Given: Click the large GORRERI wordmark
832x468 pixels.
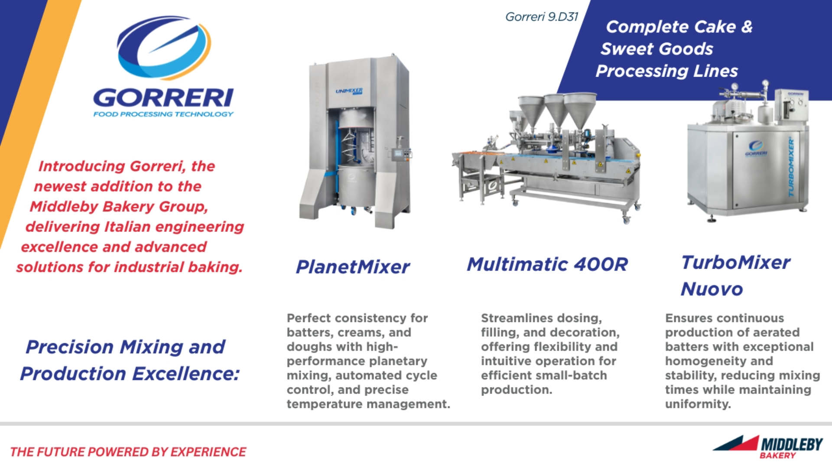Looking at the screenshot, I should click(163, 97).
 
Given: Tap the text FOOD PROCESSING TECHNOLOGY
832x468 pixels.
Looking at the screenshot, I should click(163, 114).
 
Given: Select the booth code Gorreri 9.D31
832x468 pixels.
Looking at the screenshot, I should click(542, 17).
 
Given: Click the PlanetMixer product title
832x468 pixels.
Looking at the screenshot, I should click(353, 267).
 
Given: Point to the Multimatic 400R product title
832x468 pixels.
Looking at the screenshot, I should click(547, 264).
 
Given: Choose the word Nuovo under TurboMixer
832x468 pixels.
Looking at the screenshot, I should click(712, 289).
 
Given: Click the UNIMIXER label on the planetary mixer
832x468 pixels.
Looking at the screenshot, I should click(349, 91).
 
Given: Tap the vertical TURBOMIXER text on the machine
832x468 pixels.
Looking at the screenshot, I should click(791, 167).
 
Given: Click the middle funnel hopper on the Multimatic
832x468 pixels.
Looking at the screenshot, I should click(557, 108).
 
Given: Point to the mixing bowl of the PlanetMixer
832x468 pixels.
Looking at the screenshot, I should click(356, 186).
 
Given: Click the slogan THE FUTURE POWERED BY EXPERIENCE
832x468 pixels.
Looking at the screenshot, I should click(128, 452).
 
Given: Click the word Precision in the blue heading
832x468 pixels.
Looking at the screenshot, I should click(70, 347).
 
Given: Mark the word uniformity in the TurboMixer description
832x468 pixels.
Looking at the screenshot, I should click(698, 404).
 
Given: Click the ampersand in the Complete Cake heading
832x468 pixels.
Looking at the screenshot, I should click(747, 27).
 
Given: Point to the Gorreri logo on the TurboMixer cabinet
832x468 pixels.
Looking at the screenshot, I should click(756, 147).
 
